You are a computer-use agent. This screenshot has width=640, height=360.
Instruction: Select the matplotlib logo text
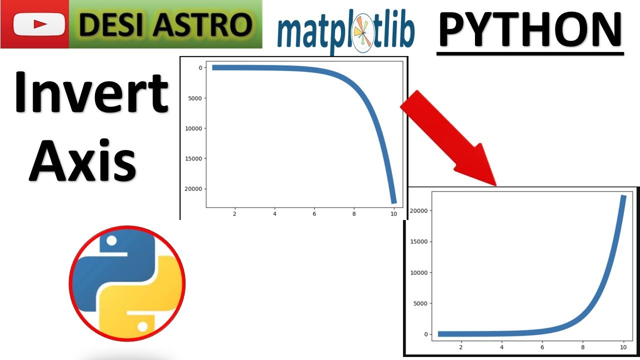coord(345,33)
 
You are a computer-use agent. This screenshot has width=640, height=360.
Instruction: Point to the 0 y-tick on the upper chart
coord(199,68)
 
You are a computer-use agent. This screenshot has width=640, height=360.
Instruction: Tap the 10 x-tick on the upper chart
coord(393,214)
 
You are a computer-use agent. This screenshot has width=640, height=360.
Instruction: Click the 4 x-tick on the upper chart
coord(274,214)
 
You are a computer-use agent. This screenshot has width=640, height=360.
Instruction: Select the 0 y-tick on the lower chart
coord(425,334)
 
